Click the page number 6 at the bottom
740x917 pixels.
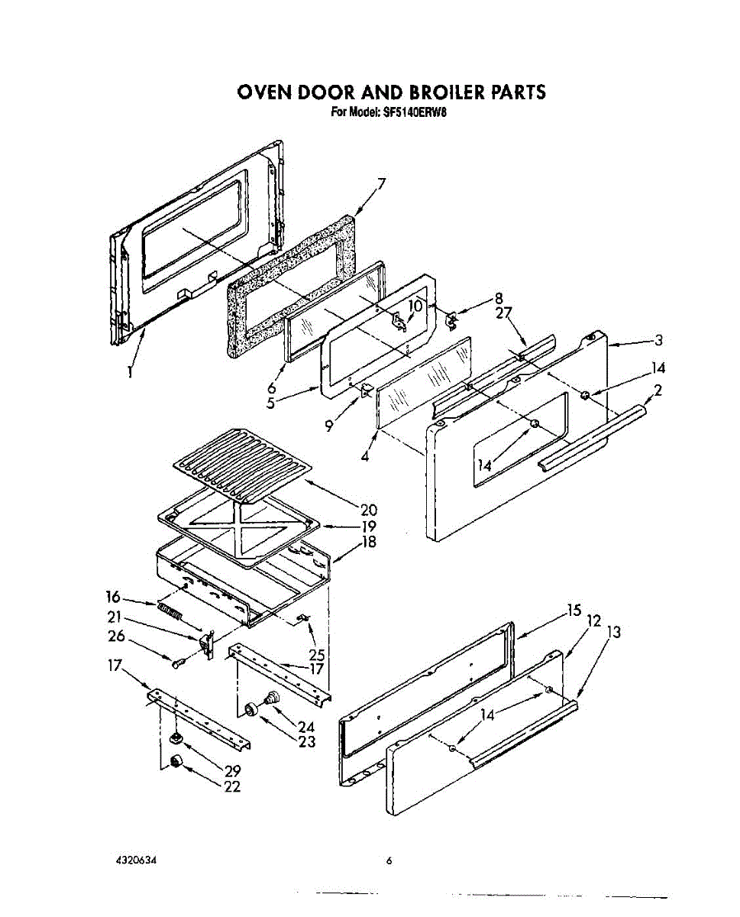point(389,861)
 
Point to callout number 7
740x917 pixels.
point(381,183)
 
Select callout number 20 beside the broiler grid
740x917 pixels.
point(369,509)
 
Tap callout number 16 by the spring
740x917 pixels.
point(114,597)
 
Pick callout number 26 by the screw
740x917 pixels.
point(116,635)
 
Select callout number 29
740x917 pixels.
point(232,771)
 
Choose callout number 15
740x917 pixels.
point(574,610)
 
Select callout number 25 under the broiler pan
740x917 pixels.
point(316,654)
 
